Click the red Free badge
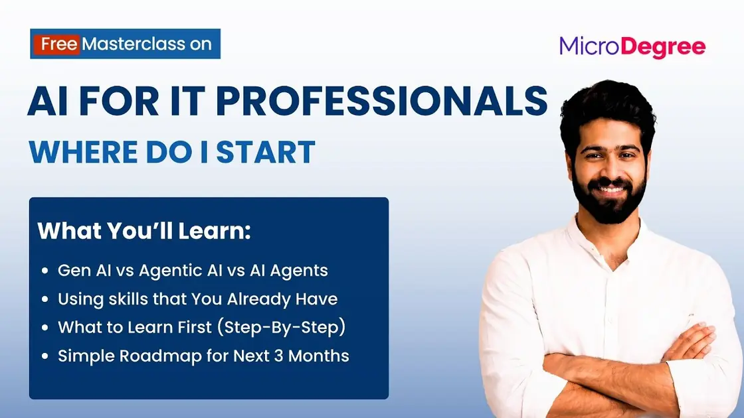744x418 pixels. [56, 44]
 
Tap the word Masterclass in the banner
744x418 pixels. [134, 44]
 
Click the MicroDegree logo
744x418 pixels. [632, 47]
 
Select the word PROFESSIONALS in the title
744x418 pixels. [382, 101]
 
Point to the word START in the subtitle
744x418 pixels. [265, 152]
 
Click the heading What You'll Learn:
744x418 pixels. [143, 231]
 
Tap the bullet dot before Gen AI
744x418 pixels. [45, 271]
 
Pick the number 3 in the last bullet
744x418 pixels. [278, 356]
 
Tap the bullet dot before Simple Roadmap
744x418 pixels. [45, 356]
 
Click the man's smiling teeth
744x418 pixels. [610, 190]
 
